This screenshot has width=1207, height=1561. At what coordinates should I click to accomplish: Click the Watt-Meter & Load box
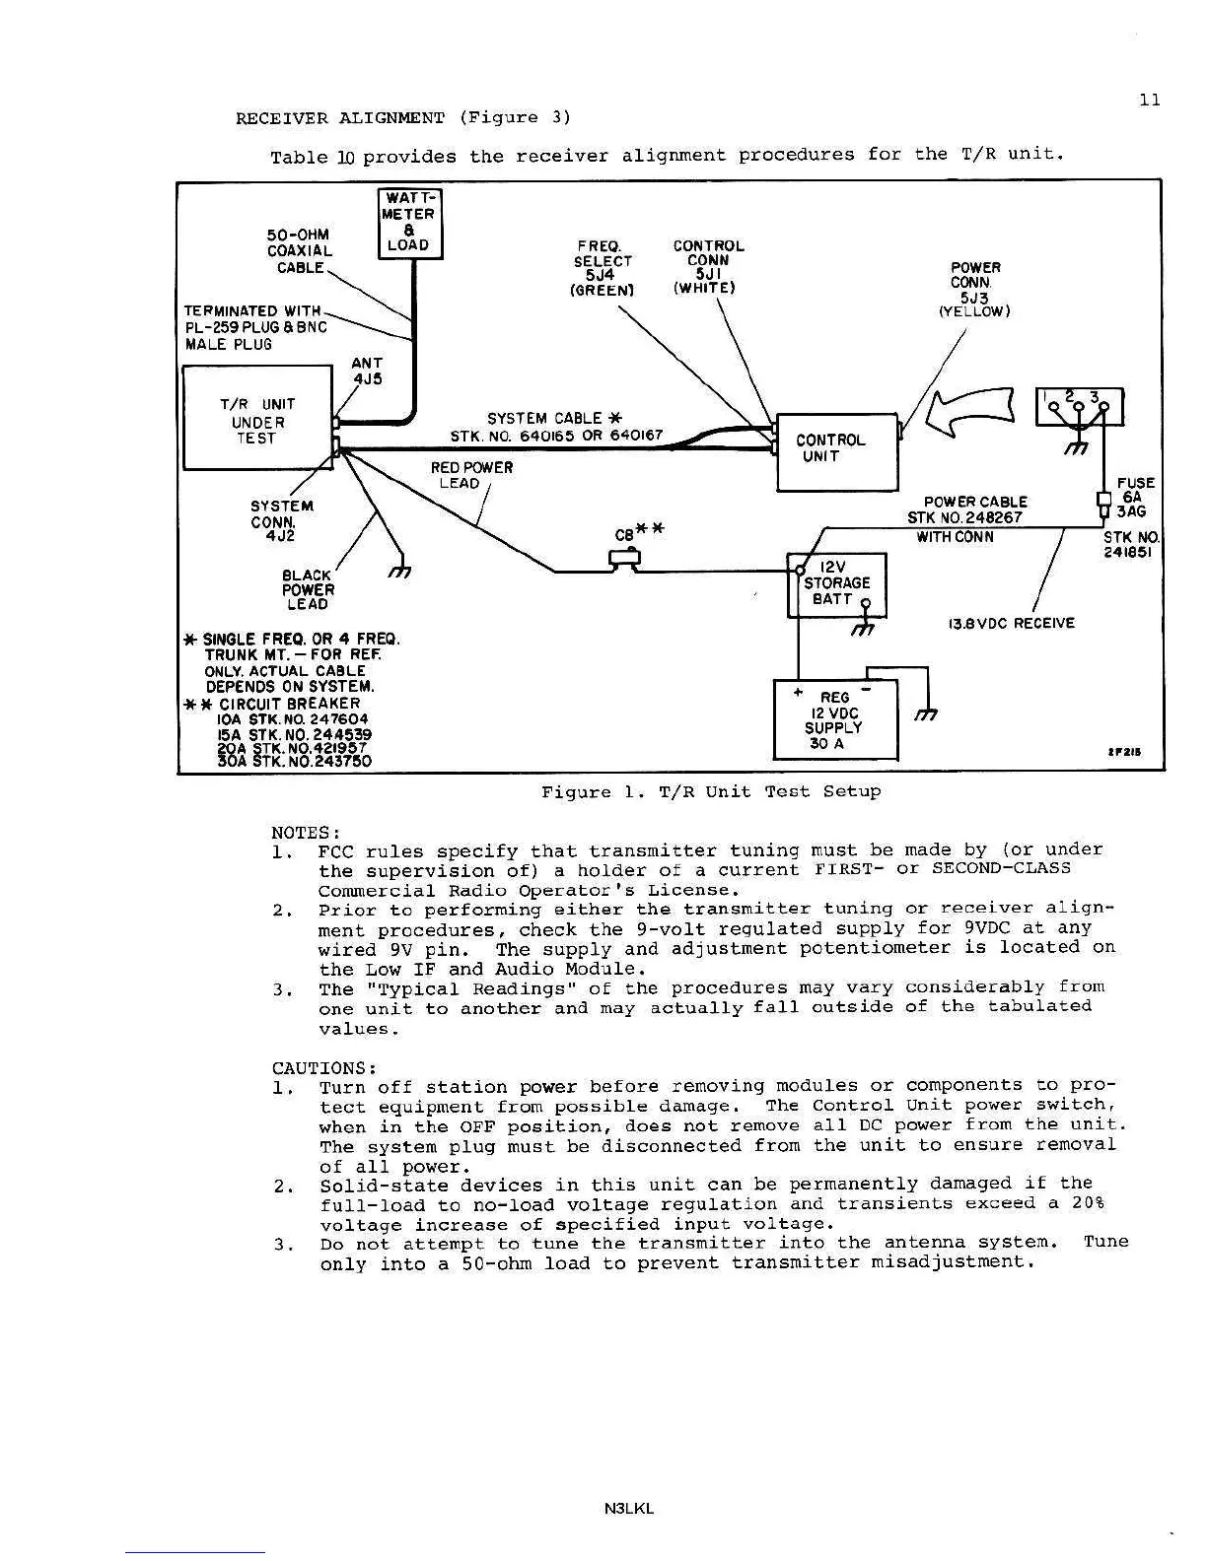(410, 224)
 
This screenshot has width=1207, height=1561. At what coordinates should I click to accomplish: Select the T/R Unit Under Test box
(257, 418)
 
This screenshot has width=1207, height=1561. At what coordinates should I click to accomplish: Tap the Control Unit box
(837, 451)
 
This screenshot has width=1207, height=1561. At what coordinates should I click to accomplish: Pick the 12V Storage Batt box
(836, 584)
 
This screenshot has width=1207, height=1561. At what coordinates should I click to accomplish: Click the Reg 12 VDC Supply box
(835, 720)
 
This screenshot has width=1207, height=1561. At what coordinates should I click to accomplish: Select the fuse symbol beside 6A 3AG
(1103, 504)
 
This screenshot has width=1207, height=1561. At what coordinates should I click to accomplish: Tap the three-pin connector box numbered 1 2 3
(1078, 406)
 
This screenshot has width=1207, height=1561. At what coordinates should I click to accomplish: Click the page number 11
(1149, 100)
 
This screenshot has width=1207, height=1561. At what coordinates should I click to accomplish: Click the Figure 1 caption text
(710, 791)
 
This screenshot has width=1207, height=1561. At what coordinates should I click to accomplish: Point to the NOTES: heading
(306, 832)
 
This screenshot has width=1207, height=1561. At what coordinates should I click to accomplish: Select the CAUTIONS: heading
(324, 1068)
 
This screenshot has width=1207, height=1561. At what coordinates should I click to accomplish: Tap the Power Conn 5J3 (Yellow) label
(974, 290)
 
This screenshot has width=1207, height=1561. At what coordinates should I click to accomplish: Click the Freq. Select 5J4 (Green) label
(603, 268)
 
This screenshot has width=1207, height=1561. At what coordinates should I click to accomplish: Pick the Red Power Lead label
(471, 475)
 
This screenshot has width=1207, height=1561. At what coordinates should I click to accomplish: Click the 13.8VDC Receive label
(1011, 623)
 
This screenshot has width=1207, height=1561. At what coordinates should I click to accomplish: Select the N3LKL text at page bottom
(631, 1508)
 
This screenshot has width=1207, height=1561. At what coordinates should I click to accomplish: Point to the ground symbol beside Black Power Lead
(401, 572)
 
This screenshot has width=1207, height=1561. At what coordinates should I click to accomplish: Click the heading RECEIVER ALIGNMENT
(340, 118)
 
